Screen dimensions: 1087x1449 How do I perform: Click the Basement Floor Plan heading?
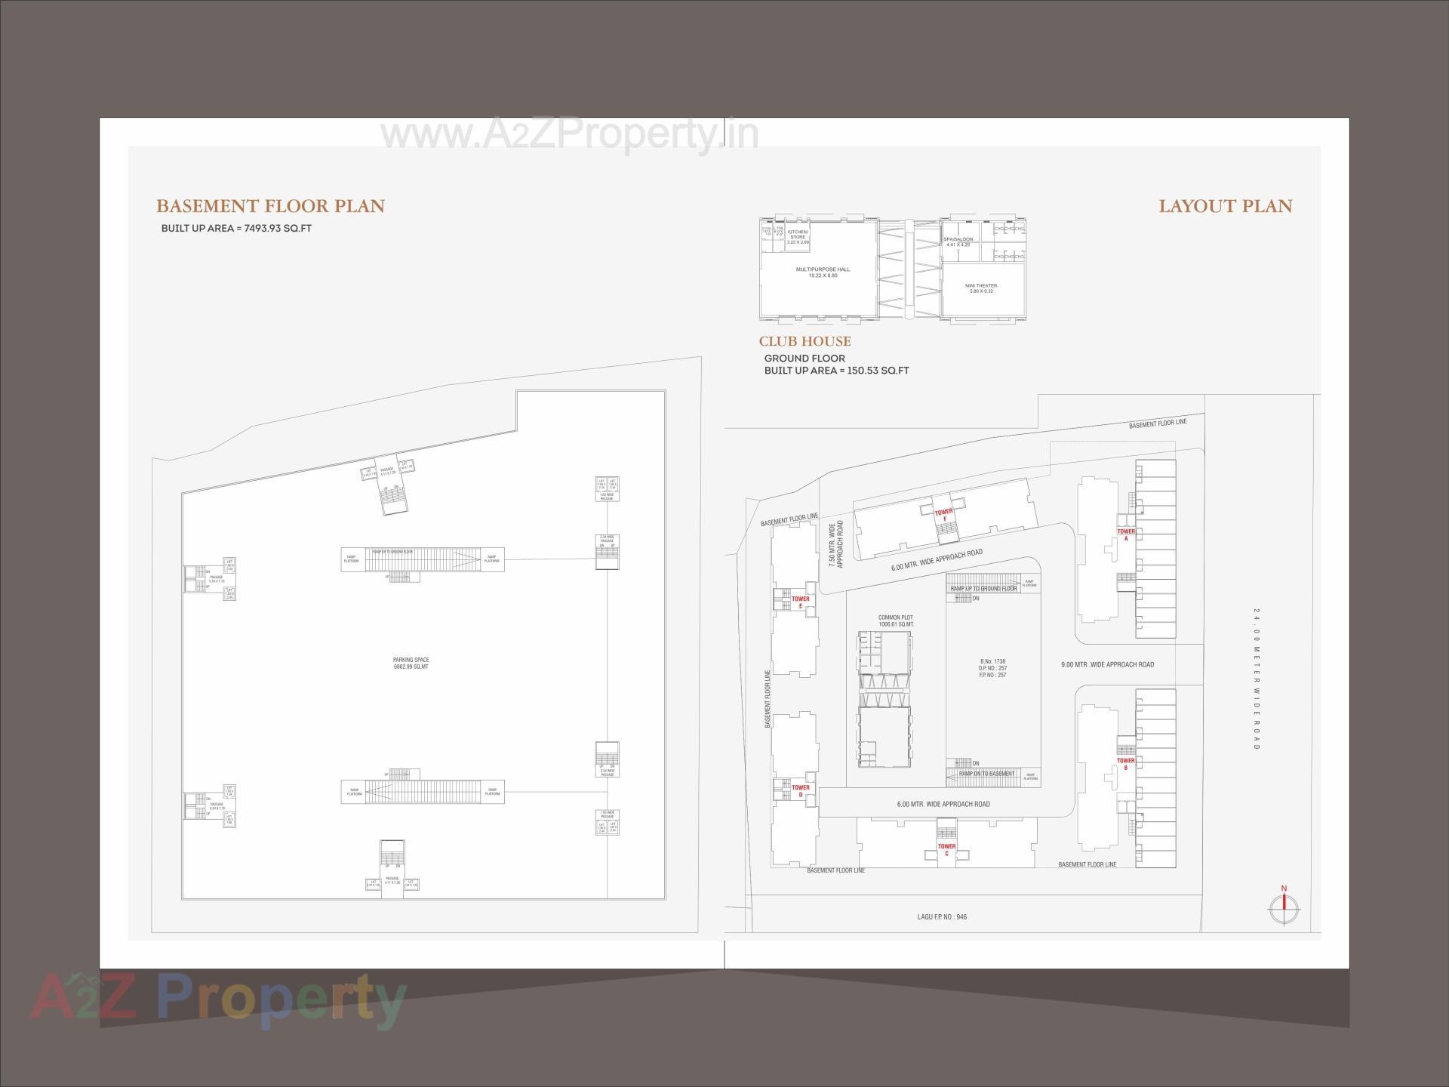pyautogui.click(x=270, y=206)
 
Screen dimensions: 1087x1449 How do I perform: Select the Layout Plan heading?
pyautogui.click(x=1225, y=206)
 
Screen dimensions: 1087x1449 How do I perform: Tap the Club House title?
pyautogui.click(x=804, y=341)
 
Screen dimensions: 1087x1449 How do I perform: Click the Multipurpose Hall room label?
pyautogui.click(x=823, y=272)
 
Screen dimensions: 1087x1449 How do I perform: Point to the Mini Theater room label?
pyautogui.click(x=981, y=288)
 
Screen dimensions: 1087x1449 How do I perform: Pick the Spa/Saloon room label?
pyautogui.click(x=958, y=242)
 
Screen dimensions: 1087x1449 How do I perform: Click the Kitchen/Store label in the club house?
pyautogui.click(x=798, y=236)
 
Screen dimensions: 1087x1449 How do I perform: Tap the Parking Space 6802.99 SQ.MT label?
pyautogui.click(x=411, y=663)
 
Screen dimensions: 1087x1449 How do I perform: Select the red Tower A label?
pyautogui.click(x=1125, y=534)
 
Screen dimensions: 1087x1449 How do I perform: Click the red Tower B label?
pyautogui.click(x=1125, y=764)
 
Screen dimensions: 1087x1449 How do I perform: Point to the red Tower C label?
pyautogui.click(x=946, y=850)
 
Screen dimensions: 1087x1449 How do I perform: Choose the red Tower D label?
pyautogui.click(x=800, y=790)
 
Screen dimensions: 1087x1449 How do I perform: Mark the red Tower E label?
pyautogui.click(x=800, y=602)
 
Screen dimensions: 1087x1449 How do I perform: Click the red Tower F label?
pyautogui.click(x=943, y=515)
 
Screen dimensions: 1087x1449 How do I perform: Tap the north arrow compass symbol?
pyautogui.click(x=1284, y=908)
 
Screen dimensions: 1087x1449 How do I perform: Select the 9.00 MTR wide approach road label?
pyautogui.click(x=1107, y=665)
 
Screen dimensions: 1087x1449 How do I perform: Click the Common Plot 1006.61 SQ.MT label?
pyautogui.click(x=896, y=620)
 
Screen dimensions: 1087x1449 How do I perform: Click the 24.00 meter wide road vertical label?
pyautogui.click(x=1257, y=679)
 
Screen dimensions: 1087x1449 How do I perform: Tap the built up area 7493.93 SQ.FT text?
pyautogui.click(x=236, y=228)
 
